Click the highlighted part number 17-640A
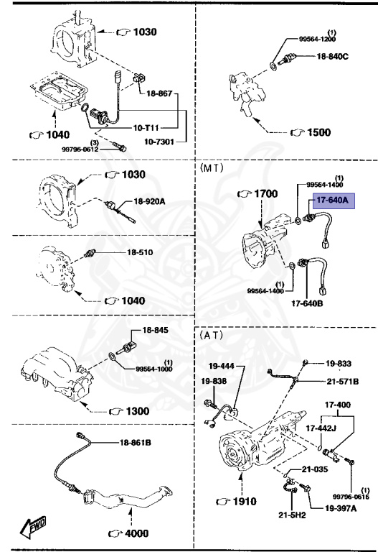[328, 202]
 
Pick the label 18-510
[141, 253]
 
